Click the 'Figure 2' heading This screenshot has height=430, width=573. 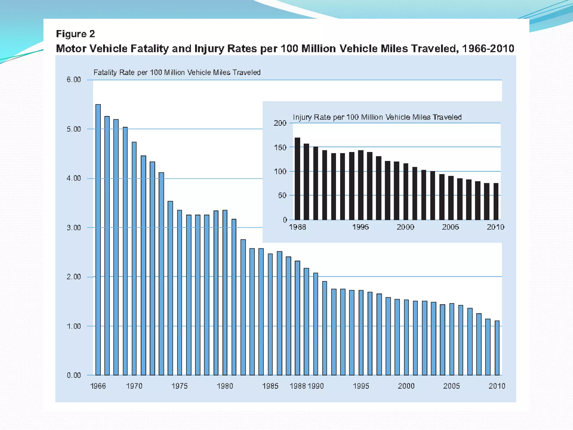click(x=76, y=34)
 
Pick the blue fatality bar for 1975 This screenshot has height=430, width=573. click(x=180, y=293)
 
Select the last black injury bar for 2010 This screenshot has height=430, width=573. click(x=496, y=201)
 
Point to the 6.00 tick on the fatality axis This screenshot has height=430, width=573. click(x=74, y=80)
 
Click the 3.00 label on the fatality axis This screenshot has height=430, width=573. click(x=74, y=228)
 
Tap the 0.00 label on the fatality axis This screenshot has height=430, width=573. click(x=74, y=375)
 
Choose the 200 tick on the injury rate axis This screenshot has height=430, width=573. click(x=280, y=123)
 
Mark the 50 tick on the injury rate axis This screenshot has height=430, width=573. click(x=282, y=195)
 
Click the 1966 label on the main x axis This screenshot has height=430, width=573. click(x=98, y=386)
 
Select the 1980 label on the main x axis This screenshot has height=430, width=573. click(x=225, y=386)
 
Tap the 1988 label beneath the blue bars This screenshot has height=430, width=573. click(x=298, y=386)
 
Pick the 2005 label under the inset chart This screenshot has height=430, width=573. click(x=450, y=227)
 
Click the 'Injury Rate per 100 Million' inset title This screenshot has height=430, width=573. click(x=377, y=117)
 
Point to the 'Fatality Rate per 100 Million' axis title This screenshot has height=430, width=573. click(x=177, y=73)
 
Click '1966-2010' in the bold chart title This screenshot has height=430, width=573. click(x=488, y=49)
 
